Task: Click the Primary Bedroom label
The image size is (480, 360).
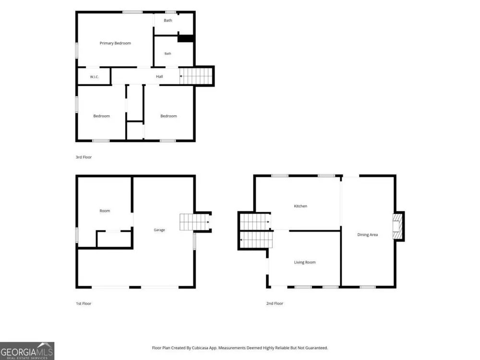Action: click(x=115, y=43)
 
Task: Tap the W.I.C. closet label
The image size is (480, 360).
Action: click(x=94, y=77)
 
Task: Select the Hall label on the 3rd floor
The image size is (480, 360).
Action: click(x=159, y=76)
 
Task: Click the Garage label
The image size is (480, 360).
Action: click(x=159, y=230)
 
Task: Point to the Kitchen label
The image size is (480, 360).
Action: click(x=300, y=206)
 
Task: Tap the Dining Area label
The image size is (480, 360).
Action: click(x=367, y=235)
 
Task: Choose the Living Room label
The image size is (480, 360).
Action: click(x=305, y=263)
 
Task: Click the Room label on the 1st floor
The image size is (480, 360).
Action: click(x=105, y=211)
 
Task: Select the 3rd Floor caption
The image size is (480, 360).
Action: click(x=84, y=157)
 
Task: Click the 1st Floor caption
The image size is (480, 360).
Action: click(x=84, y=303)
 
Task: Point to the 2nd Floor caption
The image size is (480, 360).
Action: click(x=275, y=303)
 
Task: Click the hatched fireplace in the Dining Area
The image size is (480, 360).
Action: click(x=397, y=226)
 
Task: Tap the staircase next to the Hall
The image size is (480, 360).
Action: click(x=196, y=76)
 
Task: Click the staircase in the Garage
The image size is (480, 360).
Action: click(x=194, y=222)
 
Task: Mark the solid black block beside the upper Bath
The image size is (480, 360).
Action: click(x=185, y=38)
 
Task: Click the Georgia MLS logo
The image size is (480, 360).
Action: click(x=27, y=351)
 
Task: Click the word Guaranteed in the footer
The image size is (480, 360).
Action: click(x=317, y=348)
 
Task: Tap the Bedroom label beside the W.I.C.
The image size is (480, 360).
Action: click(x=101, y=116)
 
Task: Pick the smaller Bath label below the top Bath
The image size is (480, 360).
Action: click(x=168, y=54)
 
